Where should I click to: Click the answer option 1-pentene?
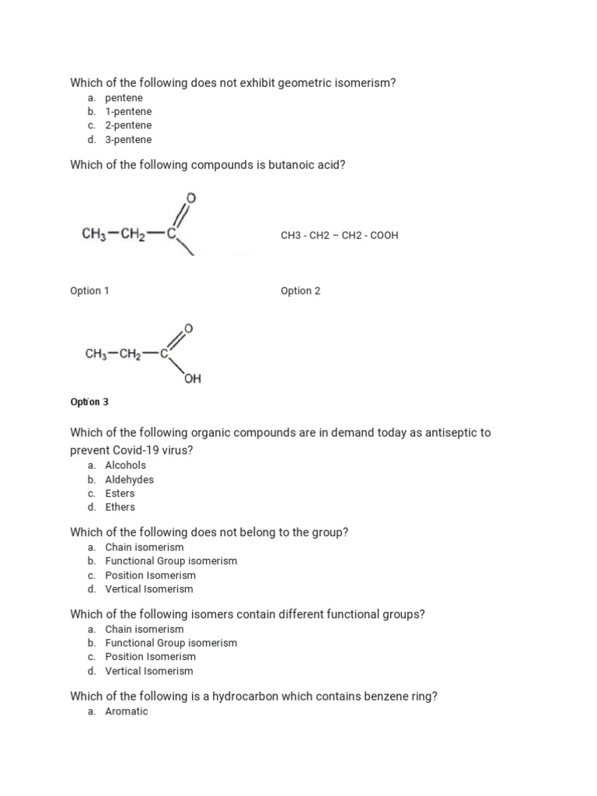click(x=128, y=111)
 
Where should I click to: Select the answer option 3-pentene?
click(x=128, y=140)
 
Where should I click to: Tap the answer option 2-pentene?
click(x=128, y=125)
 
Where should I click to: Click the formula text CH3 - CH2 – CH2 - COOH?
click(x=339, y=235)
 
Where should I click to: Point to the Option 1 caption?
click(x=89, y=291)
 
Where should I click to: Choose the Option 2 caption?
click(x=300, y=291)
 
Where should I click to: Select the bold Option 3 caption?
click(x=89, y=402)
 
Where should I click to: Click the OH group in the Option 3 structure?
click(x=193, y=379)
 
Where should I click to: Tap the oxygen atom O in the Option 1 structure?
click(x=192, y=198)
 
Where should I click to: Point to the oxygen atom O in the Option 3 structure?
click(x=187, y=328)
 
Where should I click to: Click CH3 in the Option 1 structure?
click(x=93, y=232)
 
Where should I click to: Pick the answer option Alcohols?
click(x=125, y=465)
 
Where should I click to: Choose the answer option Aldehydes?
click(x=129, y=480)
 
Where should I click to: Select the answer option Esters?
click(x=120, y=493)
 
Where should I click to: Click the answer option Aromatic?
click(x=126, y=711)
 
